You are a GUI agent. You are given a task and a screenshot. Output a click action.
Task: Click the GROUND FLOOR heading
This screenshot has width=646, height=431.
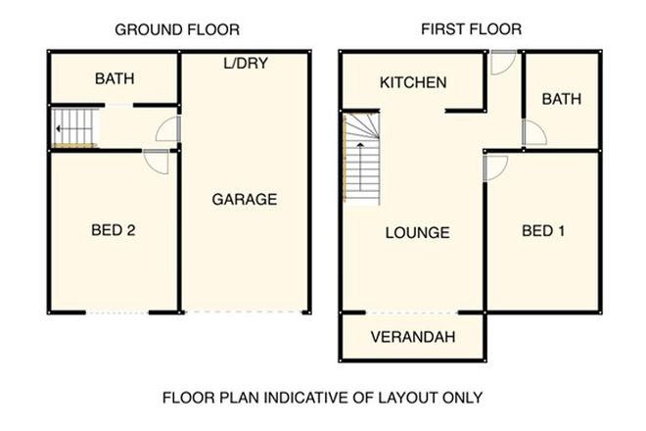[x=176, y=29]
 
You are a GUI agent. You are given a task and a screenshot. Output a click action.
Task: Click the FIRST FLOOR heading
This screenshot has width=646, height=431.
[x=471, y=29]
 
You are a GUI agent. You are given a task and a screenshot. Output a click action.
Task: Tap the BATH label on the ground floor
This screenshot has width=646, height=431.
[x=115, y=78]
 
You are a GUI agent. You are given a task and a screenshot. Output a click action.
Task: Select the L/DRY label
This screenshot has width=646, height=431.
[x=246, y=64]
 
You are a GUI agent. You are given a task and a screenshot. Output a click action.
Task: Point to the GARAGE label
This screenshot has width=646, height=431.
[x=245, y=199]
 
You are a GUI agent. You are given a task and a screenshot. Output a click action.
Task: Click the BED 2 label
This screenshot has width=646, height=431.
[x=113, y=231]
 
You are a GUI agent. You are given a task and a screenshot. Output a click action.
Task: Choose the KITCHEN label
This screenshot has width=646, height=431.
[x=413, y=83]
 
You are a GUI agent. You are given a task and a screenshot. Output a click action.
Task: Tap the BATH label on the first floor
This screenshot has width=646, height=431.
[x=561, y=99]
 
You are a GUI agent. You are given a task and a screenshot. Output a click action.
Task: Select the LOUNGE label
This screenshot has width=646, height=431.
[x=417, y=233]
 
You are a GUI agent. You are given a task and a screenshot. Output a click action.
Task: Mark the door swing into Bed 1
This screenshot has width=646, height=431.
[x=495, y=168]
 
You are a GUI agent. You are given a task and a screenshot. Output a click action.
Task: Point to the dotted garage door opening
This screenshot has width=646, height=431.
[x=244, y=312]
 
